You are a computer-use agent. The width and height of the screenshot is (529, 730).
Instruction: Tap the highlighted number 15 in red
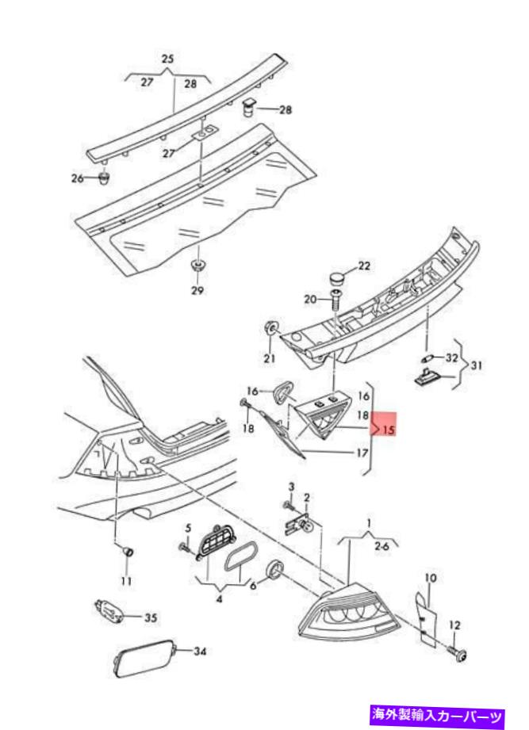388,430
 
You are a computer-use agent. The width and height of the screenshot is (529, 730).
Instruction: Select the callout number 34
200,652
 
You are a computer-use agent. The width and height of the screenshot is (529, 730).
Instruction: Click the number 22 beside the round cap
364,266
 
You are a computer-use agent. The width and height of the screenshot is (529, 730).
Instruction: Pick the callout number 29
197,290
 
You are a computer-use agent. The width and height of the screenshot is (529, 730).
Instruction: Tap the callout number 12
454,626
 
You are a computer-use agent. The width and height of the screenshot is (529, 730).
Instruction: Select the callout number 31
477,365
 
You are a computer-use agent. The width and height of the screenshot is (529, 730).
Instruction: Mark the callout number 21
270,359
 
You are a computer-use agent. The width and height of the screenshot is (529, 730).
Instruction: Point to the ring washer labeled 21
270,327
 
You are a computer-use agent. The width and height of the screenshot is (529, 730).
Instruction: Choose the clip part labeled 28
249,105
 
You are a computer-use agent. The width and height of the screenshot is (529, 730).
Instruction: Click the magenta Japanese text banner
449,717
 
